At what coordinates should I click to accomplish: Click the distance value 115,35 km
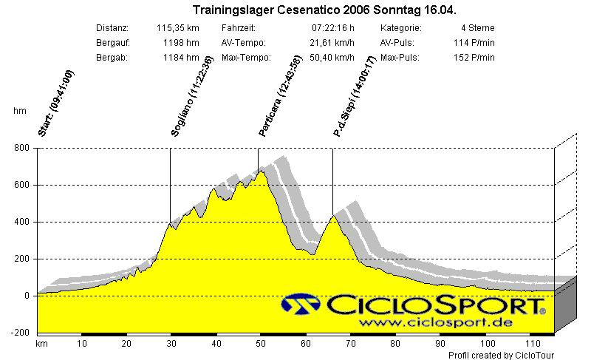click(178, 28)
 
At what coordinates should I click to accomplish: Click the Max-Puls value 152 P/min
click(474, 58)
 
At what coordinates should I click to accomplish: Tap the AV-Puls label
click(397, 43)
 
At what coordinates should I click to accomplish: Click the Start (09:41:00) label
click(57, 103)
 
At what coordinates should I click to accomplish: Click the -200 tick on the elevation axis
click(19, 333)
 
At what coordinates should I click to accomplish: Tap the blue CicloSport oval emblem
click(301, 305)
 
